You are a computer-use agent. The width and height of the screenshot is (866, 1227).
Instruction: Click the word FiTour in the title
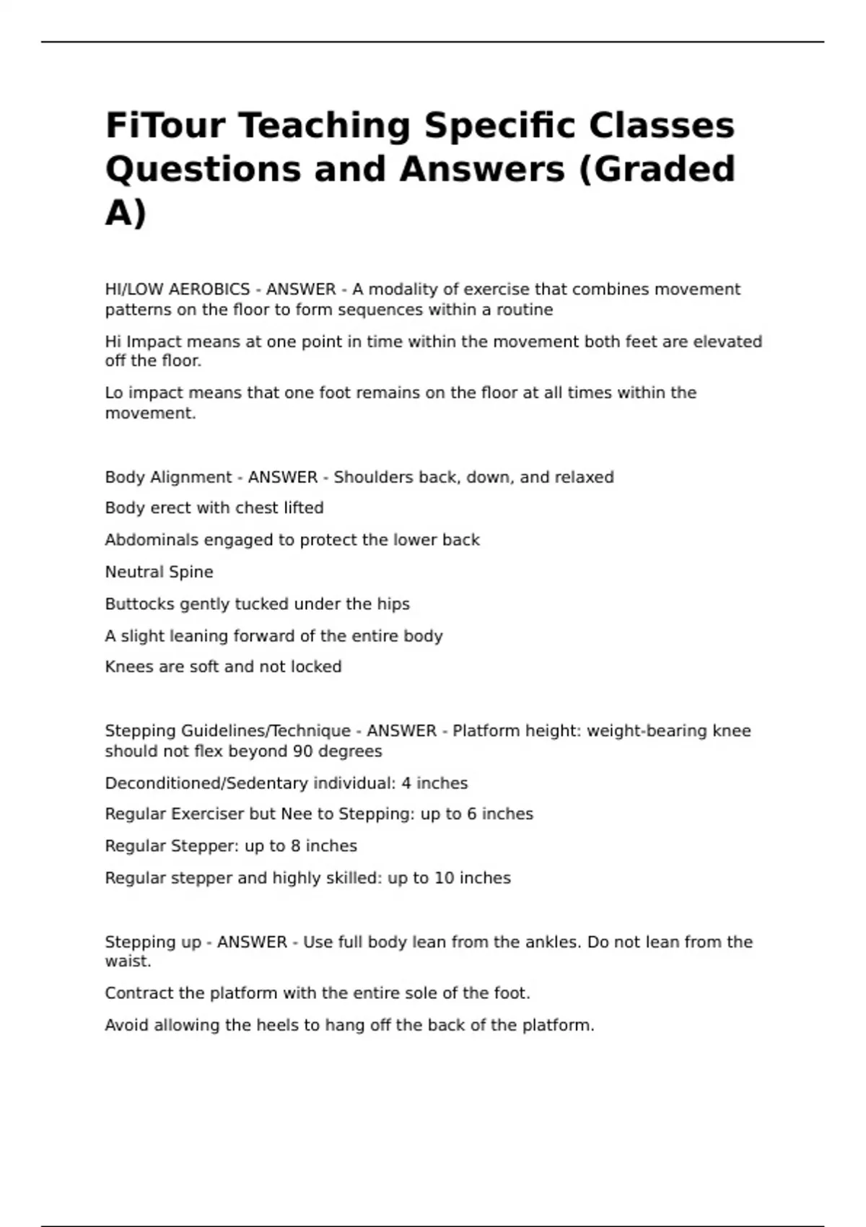coord(165,125)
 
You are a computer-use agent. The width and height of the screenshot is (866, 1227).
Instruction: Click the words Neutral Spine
coord(159,572)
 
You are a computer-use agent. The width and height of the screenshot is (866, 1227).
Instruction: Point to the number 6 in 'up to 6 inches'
coord(471,814)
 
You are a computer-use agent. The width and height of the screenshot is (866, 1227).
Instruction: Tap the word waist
coord(128,961)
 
